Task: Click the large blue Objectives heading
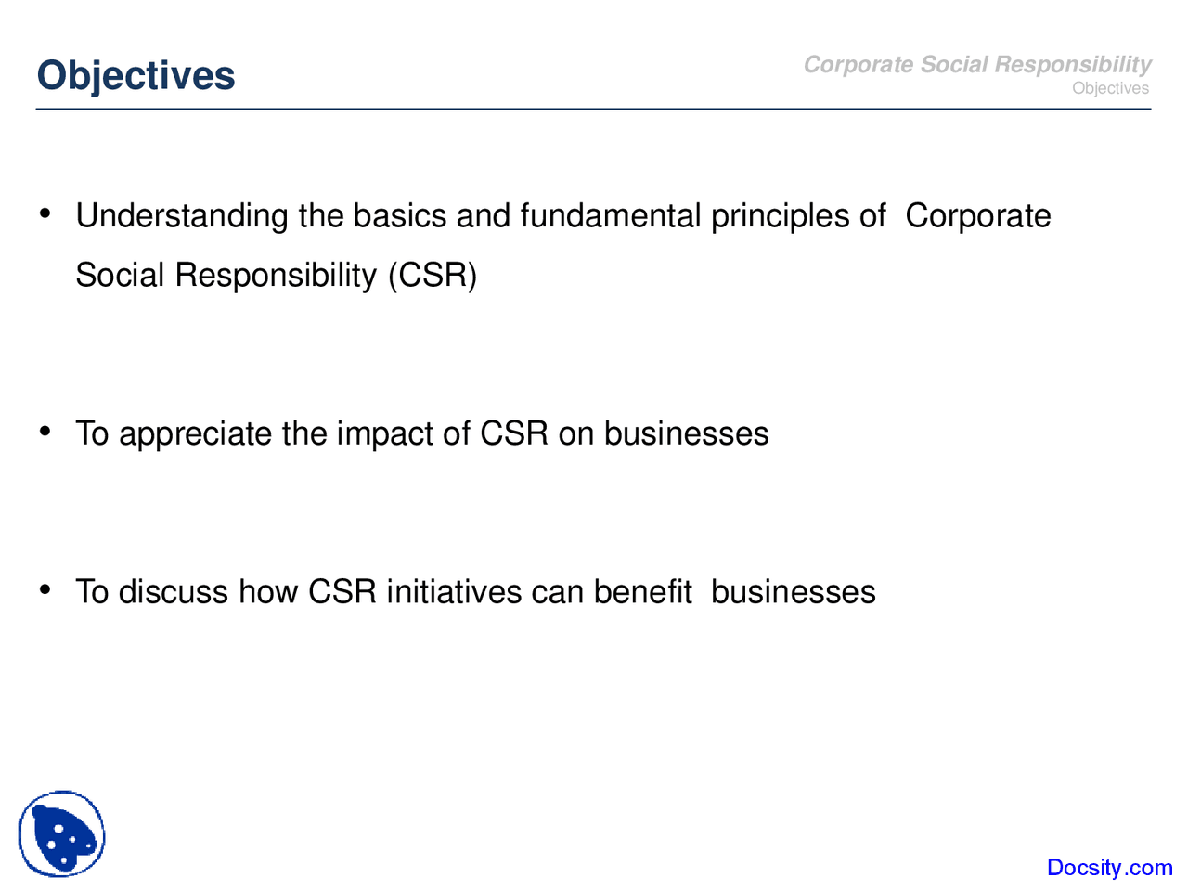point(136,76)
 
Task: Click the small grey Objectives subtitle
point(1110,88)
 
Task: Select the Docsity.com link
point(1109,867)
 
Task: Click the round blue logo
point(61,833)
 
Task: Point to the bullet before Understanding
point(45,213)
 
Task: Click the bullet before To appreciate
point(45,432)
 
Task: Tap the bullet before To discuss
point(45,589)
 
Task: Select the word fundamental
point(611,215)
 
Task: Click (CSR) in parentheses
point(433,276)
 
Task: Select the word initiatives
point(454,591)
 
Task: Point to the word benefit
point(643,591)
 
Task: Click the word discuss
point(174,591)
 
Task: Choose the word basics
point(400,215)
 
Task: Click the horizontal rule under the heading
point(593,110)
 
